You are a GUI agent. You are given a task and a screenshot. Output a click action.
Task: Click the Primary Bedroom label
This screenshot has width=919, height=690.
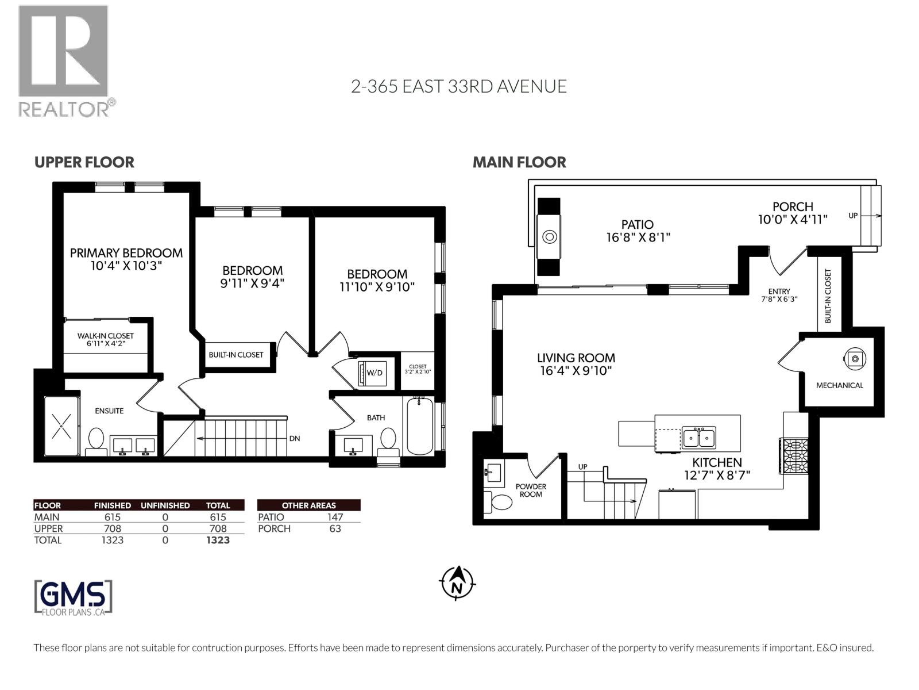point(126,253)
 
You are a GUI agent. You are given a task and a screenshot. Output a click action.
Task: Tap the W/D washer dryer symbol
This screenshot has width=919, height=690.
point(370,373)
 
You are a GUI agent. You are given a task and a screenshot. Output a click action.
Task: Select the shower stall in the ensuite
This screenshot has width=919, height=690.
point(61,425)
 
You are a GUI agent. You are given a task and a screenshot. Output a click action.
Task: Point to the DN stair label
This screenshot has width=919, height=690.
point(294,439)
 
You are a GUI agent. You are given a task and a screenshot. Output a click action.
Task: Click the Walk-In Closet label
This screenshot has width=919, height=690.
point(106,336)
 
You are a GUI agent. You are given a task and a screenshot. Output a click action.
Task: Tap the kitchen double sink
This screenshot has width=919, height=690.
point(698,438)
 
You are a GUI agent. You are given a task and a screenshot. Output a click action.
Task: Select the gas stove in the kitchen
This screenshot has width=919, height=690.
point(793,456)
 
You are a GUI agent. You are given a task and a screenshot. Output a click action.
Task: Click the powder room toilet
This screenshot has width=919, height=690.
point(498,501)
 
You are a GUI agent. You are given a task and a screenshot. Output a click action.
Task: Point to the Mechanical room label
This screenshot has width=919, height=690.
point(840,385)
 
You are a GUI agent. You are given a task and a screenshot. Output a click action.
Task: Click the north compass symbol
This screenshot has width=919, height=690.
point(458,583)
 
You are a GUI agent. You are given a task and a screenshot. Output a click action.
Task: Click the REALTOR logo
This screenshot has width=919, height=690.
point(65,61)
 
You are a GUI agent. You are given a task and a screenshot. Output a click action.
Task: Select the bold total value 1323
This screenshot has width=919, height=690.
point(218,540)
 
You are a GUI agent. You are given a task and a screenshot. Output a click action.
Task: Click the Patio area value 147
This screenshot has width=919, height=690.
point(335,517)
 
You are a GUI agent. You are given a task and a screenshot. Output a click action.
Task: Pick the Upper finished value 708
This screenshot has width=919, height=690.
point(112,528)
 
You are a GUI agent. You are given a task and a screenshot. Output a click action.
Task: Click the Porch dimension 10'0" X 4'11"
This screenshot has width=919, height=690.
point(793,220)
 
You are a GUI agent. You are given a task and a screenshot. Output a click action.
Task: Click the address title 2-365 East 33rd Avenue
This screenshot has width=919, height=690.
point(459,87)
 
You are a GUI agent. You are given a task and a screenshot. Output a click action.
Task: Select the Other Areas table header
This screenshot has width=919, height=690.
point(308,505)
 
